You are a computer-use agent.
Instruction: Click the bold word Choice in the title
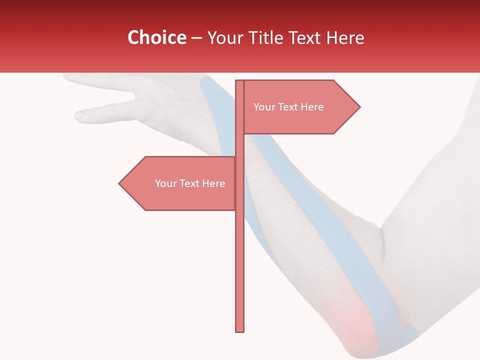(156, 37)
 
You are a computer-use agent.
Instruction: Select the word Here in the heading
(345, 37)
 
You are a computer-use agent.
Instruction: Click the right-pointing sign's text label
(288, 107)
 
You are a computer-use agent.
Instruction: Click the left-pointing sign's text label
(190, 183)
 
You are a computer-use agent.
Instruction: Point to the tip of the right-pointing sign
(359, 106)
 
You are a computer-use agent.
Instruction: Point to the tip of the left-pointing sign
(119, 183)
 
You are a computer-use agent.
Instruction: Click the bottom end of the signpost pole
(240, 330)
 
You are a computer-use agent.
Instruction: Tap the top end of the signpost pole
(240, 81)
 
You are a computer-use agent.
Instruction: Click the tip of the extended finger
(78, 116)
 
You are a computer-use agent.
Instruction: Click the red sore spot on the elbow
(355, 322)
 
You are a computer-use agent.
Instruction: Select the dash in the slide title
(196, 38)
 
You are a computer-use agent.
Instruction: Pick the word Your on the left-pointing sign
(165, 183)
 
